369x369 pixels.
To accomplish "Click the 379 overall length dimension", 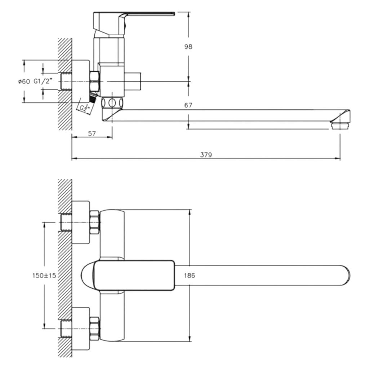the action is click(206, 155).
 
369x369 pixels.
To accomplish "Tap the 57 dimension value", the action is click(92, 134).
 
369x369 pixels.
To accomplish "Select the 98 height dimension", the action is click(188, 46).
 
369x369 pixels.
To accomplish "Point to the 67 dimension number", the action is click(188, 105).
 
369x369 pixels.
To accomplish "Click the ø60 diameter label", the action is click(24, 82).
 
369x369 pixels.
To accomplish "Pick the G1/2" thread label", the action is click(43, 81).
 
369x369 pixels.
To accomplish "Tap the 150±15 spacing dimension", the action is click(44, 275).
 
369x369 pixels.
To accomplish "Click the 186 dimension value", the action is click(190, 275).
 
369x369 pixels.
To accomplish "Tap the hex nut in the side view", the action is click(95, 81).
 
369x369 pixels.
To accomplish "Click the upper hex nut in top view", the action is click(95, 222).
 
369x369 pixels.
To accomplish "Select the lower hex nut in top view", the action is click(95, 329).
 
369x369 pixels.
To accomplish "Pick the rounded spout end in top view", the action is click(346, 275).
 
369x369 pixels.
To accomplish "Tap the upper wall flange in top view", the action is click(80, 222).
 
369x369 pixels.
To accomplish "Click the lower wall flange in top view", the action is click(80, 329).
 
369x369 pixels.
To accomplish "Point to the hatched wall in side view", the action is click(65, 84).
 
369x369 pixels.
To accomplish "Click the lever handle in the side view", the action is click(134, 23).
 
